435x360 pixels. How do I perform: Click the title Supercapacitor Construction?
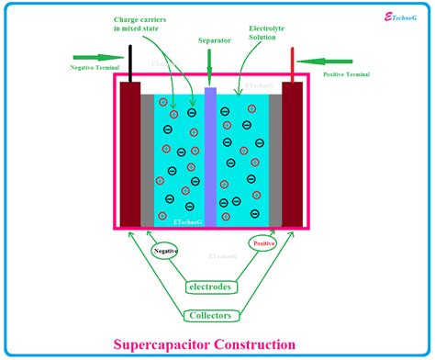[217, 344]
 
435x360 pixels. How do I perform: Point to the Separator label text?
[214, 40]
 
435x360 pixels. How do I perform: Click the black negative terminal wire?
[130, 62]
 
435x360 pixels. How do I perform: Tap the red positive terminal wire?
[293, 63]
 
